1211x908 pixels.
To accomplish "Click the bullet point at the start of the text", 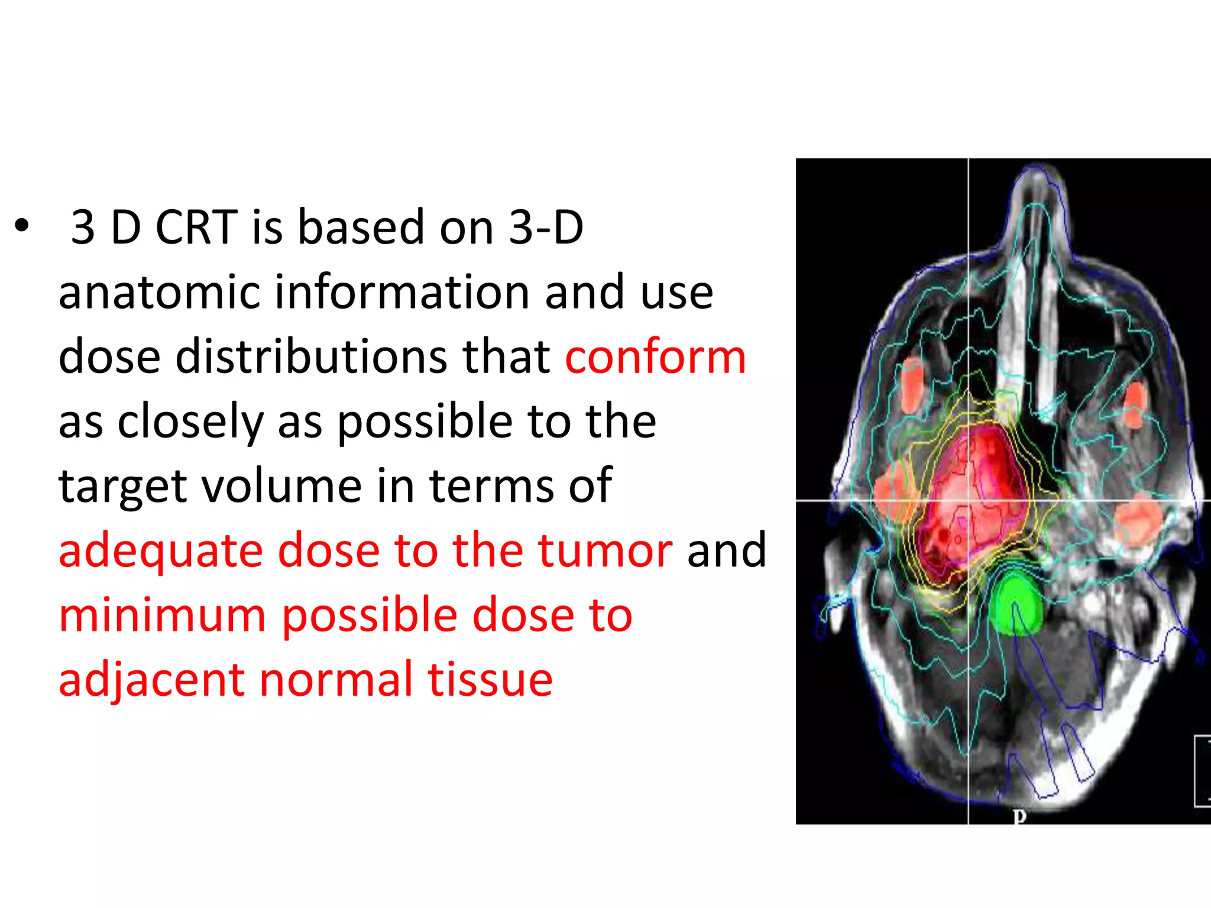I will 22,226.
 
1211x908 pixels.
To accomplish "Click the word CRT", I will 196,228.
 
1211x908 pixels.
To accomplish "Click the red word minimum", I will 163,616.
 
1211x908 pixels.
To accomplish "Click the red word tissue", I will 490,680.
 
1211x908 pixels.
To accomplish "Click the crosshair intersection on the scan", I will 968,500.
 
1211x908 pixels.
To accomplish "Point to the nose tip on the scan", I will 1037,174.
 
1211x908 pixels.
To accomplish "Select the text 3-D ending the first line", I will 546,228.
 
